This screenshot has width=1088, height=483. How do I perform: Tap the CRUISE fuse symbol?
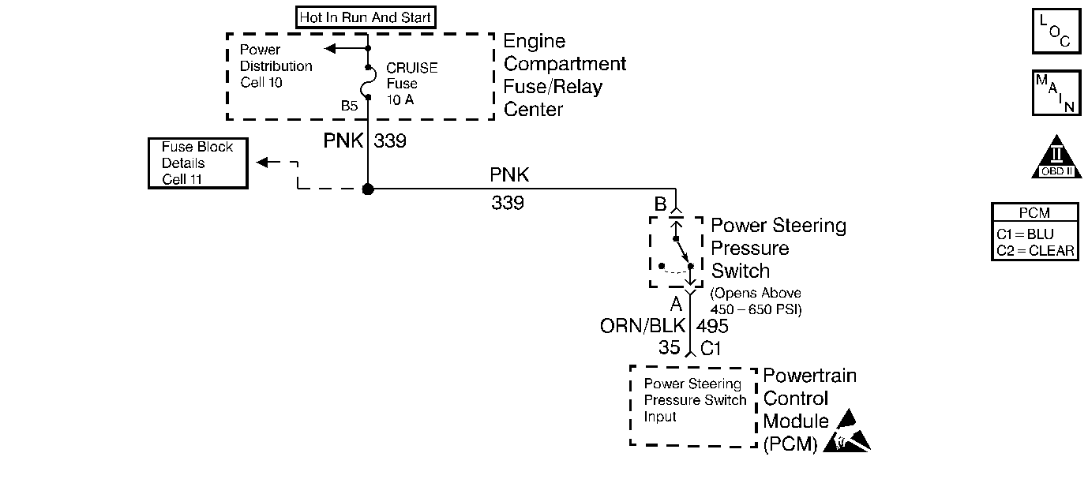[x=368, y=84]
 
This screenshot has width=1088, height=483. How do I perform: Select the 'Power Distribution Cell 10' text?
[x=276, y=66]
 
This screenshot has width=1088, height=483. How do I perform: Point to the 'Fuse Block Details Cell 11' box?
[x=197, y=163]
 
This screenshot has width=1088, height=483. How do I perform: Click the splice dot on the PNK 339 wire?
[x=368, y=189]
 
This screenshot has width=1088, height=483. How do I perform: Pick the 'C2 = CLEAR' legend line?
[x=1034, y=251]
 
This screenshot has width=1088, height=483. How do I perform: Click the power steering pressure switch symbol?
[x=677, y=253]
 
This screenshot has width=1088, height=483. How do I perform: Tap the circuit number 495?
[x=712, y=326]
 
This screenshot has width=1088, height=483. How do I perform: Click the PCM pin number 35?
[x=670, y=347]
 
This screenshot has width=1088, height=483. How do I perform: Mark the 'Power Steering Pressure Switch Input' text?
[x=694, y=400]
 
